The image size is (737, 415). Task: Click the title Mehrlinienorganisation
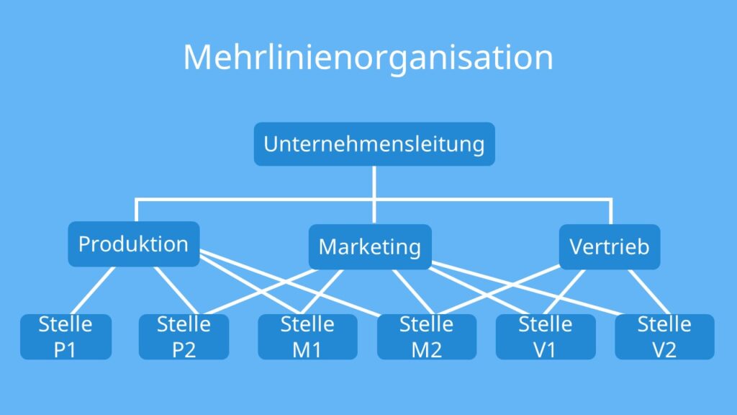pyautogui.click(x=368, y=57)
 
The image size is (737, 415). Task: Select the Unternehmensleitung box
pyautogui.click(x=374, y=144)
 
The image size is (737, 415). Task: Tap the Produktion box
pyautogui.click(x=133, y=244)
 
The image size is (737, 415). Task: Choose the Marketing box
pyautogui.click(x=369, y=247)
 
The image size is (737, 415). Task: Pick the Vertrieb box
pyautogui.click(x=609, y=247)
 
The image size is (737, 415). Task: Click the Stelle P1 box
pyautogui.click(x=65, y=336)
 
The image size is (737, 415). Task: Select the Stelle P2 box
pyautogui.click(x=184, y=336)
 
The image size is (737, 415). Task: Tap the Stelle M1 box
pyautogui.click(x=307, y=336)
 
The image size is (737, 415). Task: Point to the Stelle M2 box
pyautogui.click(x=426, y=336)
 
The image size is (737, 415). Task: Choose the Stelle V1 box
pyautogui.click(x=546, y=336)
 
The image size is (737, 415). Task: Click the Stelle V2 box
pyautogui.click(x=664, y=336)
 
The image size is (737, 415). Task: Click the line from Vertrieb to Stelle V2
pyautogui.click(x=646, y=291)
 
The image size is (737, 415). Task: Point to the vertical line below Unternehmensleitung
pyautogui.click(x=374, y=182)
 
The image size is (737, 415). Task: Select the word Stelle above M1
pyautogui.click(x=307, y=325)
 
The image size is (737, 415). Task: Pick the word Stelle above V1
pyautogui.click(x=546, y=325)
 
